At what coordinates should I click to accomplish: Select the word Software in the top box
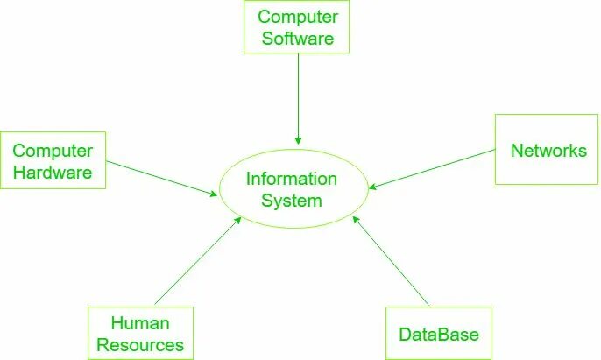(298, 39)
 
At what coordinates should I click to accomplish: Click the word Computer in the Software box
(298, 17)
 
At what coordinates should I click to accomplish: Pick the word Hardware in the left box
(53, 173)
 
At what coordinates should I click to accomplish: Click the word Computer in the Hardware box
(53, 152)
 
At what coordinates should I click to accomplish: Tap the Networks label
(548, 151)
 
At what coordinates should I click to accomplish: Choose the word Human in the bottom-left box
(140, 323)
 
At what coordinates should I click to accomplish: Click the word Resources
(140, 344)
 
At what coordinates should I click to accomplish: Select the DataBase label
(439, 335)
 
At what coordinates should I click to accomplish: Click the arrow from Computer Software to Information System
(298, 96)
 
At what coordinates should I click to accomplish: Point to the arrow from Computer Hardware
(162, 178)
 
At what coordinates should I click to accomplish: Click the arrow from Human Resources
(197, 260)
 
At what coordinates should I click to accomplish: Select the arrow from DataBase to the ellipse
(391, 262)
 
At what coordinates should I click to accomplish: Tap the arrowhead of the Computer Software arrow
(298, 140)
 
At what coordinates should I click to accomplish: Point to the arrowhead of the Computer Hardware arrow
(213, 193)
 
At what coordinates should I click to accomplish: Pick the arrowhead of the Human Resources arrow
(238, 220)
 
